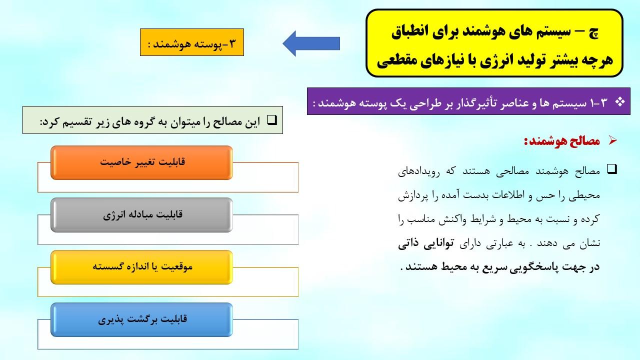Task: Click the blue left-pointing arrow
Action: pyautogui.click(x=311, y=43)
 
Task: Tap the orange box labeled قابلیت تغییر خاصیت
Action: pyautogui.click(x=141, y=162)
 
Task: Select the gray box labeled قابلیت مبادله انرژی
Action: pyautogui.click(x=141, y=215)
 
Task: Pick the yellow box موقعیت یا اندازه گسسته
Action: pyautogui.click(x=141, y=267)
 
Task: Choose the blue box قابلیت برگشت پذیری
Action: pyautogui.click(x=141, y=319)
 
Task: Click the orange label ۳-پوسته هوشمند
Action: pyautogui.click(x=192, y=42)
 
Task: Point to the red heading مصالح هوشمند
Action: pyautogui.click(x=561, y=141)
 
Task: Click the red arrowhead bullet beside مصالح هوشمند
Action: pyautogui.click(x=613, y=140)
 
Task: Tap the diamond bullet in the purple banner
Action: pyautogui.click(x=619, y=102)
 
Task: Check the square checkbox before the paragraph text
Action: pyautogui.click(x=612, y=169)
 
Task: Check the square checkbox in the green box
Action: pyautogui.click(x=272, y=120)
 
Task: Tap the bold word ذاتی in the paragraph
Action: pyautogui.click(x=408, y=243)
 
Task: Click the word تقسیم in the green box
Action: pyautogui.click(x=77, y=122)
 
